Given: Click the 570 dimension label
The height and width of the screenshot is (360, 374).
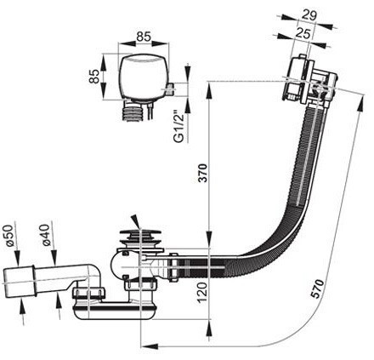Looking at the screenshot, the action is pos(317,289).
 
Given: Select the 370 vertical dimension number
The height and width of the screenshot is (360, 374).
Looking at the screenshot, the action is pos(203,173).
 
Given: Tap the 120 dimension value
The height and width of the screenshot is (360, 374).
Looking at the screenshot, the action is pos(203,293).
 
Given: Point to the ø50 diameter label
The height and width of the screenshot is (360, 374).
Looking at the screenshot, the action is pos(8,236).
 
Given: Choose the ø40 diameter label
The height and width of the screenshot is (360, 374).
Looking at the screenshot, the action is pos(46,235).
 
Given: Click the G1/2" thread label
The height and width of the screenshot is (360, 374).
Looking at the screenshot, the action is pos(179,127).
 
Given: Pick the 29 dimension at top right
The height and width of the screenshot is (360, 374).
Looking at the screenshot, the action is pos(309,14).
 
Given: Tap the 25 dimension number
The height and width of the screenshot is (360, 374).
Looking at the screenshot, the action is pos(303,34).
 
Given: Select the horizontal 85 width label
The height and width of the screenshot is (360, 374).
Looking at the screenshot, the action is pos(144,37).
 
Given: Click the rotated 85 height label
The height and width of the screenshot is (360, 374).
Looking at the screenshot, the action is pos(94,76).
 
